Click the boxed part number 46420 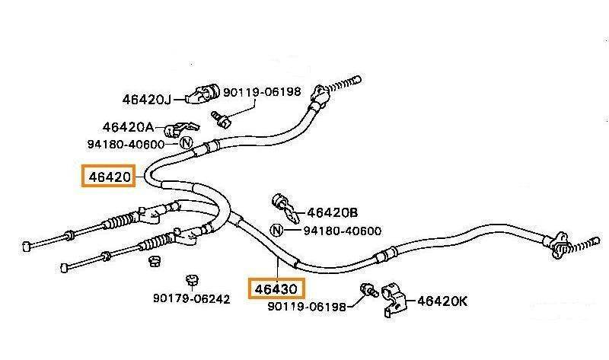[110, 177]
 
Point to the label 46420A [128, 126]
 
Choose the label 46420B [332, 213]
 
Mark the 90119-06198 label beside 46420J [261, 92]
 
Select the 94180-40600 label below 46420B [343, 230]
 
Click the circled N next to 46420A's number [185, 142]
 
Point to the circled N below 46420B [276, 230]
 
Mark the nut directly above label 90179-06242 [187, 278]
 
